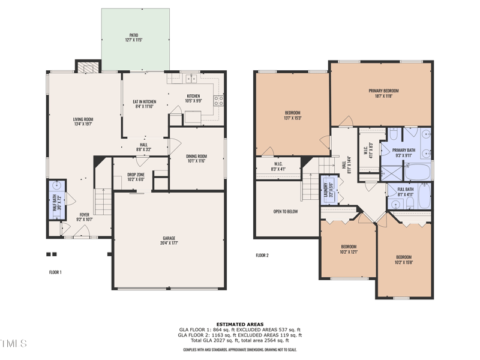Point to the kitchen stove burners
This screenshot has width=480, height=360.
click(219, 100)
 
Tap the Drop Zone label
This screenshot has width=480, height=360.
click(136, 177)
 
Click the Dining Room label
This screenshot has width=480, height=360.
click(197, 158)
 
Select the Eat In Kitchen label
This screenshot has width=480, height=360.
click(145, 104)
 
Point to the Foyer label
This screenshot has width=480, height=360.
click(84, 217)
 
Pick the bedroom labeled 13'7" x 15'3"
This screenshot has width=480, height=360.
click(292, 115)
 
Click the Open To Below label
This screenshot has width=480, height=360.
click(286, 211)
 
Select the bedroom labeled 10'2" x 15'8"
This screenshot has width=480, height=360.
click(404, 259)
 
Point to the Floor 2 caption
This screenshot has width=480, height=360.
click(262, 255)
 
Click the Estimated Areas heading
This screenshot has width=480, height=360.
click(240, 324)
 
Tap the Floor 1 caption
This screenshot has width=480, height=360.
click(55, 272)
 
